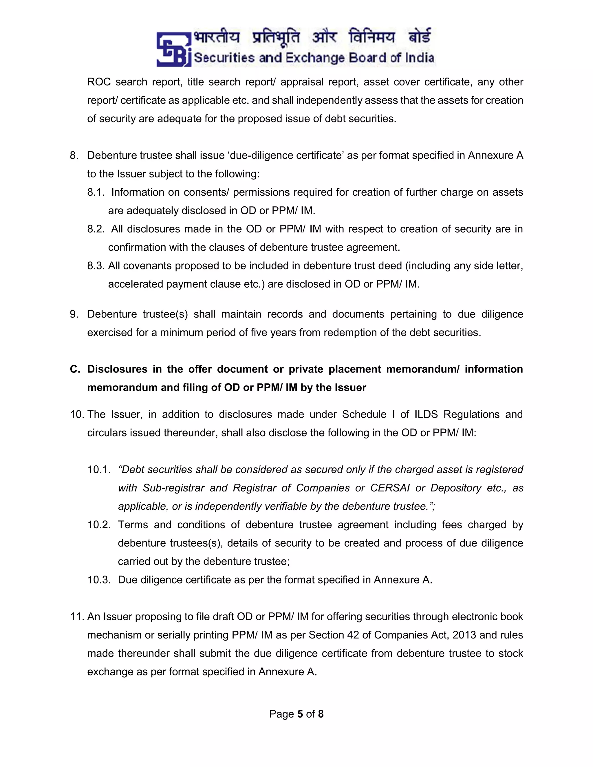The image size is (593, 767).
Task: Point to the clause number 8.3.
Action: click(x=96, y=266)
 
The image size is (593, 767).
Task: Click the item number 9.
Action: click(x=74, y=314)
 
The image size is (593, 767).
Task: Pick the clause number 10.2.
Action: click(x=99, y=525)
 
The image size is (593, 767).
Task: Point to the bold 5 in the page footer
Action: click(x=300, y=714)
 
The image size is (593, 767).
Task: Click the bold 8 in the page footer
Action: click(x=321, y=714)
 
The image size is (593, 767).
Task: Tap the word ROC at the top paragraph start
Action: click(x=99, y=82)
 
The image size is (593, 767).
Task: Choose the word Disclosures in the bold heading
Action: click(x=117, y=369)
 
